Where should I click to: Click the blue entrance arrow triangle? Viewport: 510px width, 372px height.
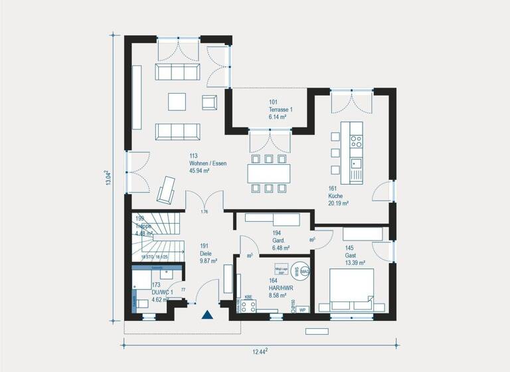[x=207, y=315]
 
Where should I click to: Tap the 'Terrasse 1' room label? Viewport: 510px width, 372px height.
[x=280, y=110]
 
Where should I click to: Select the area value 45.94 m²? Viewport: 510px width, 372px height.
[x=199, y=171]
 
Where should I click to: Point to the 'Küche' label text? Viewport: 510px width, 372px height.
[x=335, y=197]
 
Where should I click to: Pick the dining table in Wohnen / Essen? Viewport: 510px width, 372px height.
[x=270, y=173]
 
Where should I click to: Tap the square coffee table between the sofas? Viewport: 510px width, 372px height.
[x=177, y=101]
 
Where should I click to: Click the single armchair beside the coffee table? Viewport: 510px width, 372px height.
[x=209, y=102]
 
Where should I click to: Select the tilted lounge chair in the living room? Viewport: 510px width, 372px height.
[x=166, y=189]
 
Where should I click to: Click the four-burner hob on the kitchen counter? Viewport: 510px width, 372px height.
[x=356, y=141]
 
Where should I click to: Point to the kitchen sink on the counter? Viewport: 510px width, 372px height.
[x=356, y=163]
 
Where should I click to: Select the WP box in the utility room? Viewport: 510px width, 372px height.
[x=302, y=310]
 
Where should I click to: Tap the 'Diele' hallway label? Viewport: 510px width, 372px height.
[x=206, y=253]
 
